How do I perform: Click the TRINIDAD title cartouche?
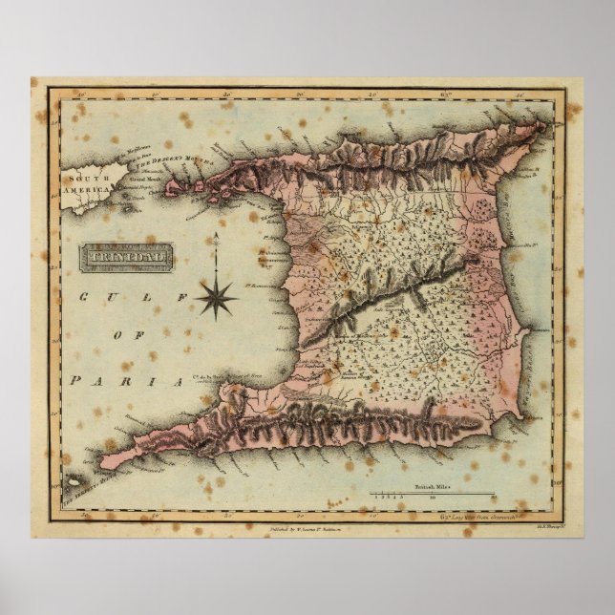pyautogui.click(x=126, y=255)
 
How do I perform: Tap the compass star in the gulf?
pyautogui.click(x=217, y=295)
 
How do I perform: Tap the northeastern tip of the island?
pyautogui.click(x=545, y=123)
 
